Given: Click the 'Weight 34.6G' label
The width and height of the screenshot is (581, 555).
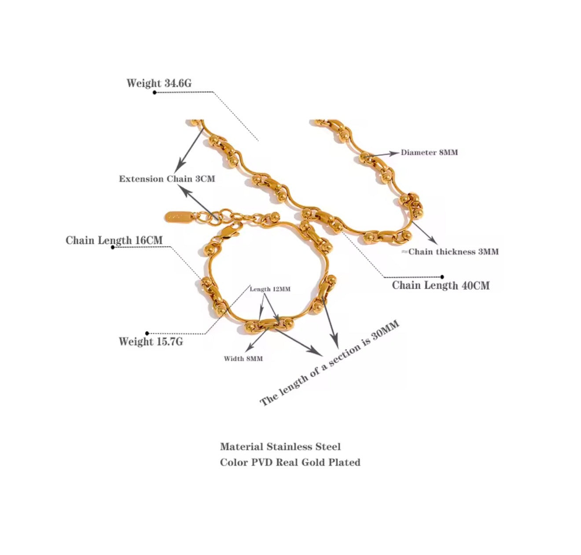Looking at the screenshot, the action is (x=159, y=83).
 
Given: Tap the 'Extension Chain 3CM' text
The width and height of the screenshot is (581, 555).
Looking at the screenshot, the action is (x=167, y=179).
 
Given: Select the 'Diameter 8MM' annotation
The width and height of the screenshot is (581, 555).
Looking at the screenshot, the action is (x=429, y=153).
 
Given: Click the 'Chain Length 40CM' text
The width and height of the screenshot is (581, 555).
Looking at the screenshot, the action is (x=441, y=285).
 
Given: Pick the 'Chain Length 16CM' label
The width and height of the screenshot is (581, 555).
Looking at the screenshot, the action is (x=114, y=240).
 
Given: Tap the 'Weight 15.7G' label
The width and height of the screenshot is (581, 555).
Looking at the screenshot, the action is (x=151, y=341).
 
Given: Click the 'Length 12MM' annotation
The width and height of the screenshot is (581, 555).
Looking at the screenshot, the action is (x=270, y=289).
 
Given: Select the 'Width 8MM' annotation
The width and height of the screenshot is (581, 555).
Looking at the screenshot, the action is (x=243, y=359).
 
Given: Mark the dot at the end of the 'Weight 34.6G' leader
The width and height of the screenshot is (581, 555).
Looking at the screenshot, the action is (x=154, y=92).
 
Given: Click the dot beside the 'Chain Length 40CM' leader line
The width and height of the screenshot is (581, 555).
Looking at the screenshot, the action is (x=442, y=277).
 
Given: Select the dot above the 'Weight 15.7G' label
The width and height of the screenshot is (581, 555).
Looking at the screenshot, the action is (x=147, y=333).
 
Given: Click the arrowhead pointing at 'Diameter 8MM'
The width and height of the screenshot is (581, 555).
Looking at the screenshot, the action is (x=393, y=153).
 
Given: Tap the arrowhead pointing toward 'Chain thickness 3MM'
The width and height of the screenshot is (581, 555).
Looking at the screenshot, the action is (x=433, y=240).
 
